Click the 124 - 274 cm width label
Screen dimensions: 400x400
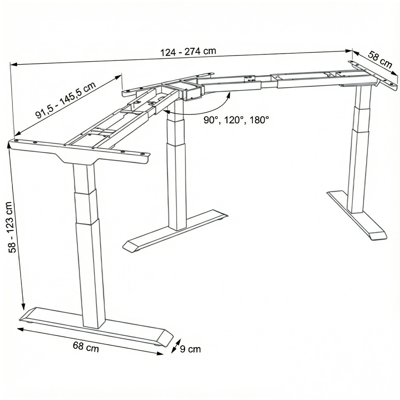[188, 52]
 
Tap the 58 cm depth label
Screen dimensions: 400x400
[380, 60]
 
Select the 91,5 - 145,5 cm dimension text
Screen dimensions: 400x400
[66, 100]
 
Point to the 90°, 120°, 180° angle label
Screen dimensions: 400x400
[236, 120]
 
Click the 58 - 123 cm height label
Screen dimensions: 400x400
[12, 227]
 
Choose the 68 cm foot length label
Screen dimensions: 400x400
[86, 347]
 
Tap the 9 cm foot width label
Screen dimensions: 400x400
[190, 349]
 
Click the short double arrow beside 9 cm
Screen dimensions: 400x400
[176, 346]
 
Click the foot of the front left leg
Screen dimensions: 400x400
[96, 327]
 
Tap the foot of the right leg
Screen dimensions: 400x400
[357, 215]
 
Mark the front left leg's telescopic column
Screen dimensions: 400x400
[89, 245]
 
